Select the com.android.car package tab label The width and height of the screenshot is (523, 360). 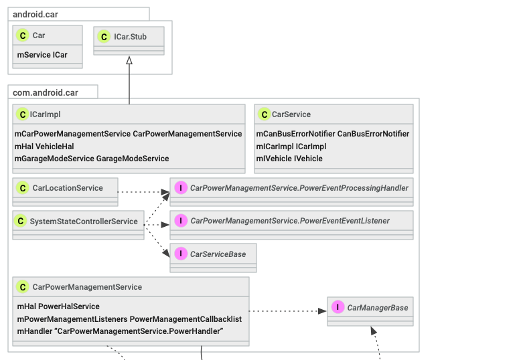pyautogui.click(x=46, y=92)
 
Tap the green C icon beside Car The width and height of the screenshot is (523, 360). pyautogui.click(x=23, y=36)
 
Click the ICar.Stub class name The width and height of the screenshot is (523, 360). pyautogui.click(x=130, y=37)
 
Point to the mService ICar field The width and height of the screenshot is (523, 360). pyautogui.click(x=42, y=55)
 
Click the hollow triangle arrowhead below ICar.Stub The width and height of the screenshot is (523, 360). pyautogui.click(x=129, y=61)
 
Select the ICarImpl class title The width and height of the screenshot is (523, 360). pyautogui.click(x=46, y=114)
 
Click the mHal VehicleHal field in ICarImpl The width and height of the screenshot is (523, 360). pyautogui.click(x=45, y=146)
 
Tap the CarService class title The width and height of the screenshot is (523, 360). pyautogui.click(x=291, y=114)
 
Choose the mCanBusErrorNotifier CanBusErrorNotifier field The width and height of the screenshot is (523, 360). pyautogui.click(x=332, y=134)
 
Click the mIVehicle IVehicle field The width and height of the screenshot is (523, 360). pyautogui.click(x=289, y=159)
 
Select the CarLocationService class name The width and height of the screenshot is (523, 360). pyautogui.click(x=68, y=188)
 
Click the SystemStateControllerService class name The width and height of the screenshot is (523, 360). pyautogui.click(x=84, y=221)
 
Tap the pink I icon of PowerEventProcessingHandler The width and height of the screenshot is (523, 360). pyautogui.click(x=180, y=188)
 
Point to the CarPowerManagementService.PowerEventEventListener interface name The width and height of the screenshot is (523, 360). pyautogui.click(x=289, y=221)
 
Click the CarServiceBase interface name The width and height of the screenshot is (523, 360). pyautogui.click(x=218, y=254)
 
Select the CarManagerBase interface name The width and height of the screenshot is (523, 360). pyautogui.click(x=377, y=308)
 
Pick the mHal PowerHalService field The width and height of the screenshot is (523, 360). pyautogui.click(x=58, y=306)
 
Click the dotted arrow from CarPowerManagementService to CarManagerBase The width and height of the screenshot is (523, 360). pyautogui.click(x=288, y=311)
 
